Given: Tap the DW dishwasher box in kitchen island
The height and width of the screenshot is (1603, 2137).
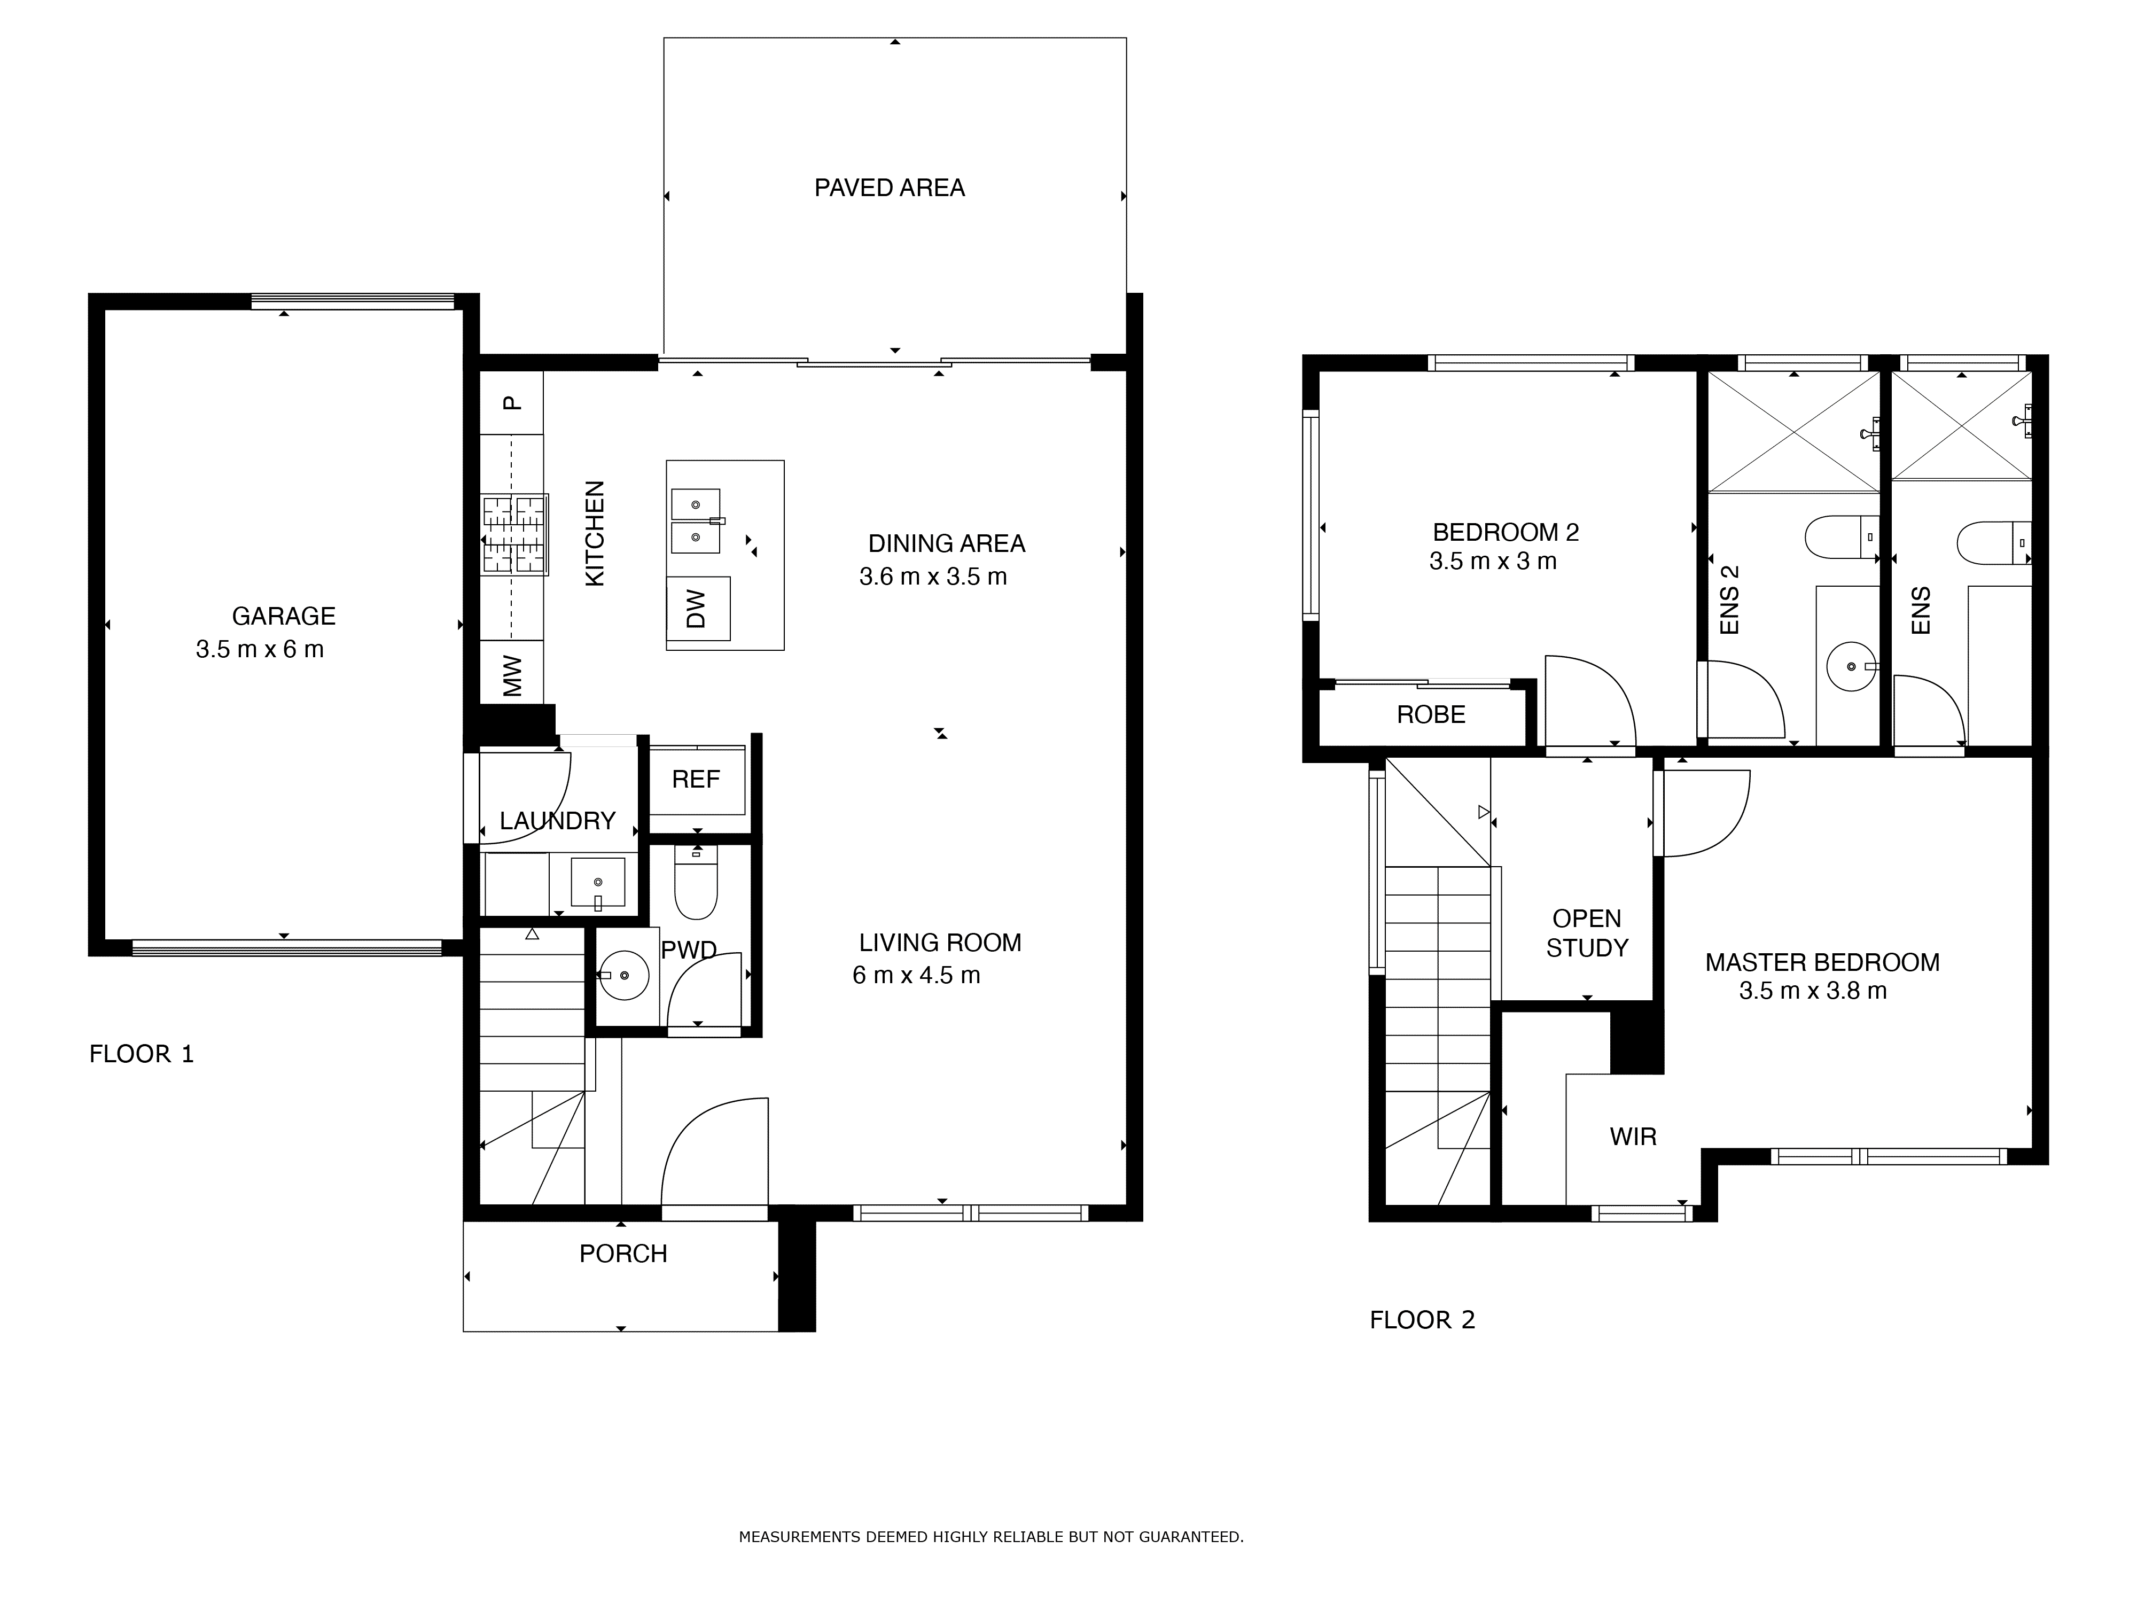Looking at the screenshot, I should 698,609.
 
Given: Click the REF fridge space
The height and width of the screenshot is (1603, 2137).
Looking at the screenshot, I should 696,780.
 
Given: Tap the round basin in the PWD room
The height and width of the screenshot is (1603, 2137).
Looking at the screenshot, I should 624,975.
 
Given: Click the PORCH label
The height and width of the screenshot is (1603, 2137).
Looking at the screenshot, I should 623,1254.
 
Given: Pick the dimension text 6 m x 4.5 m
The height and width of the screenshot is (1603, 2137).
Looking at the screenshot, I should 916,976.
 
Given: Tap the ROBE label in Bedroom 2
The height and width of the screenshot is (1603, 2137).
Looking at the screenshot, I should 1431,715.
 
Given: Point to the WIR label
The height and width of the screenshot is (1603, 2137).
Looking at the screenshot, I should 1633,1137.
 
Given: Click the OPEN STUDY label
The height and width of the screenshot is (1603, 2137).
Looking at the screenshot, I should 1586,933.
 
